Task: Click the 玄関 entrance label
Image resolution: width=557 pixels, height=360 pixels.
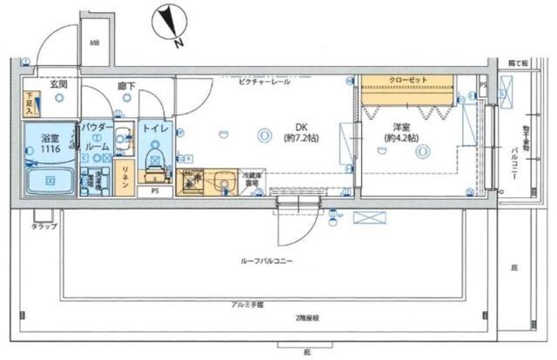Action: (59, 84)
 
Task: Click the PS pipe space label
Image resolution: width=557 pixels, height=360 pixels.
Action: (155, 190)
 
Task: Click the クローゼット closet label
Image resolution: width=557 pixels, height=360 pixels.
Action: (408, 81)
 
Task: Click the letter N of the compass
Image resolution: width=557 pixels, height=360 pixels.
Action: (177, 42)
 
